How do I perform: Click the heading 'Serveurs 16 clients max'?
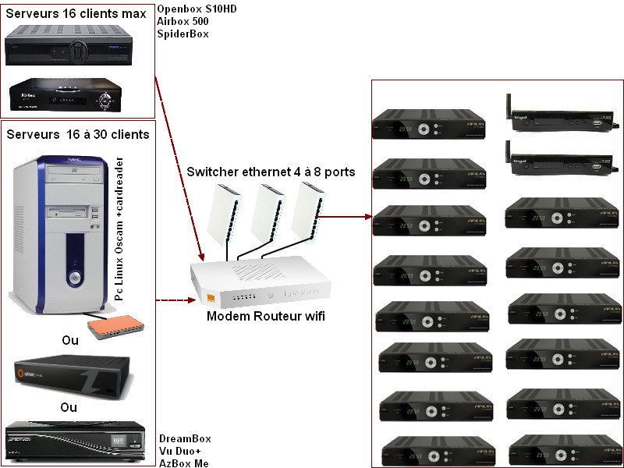pos(76,14)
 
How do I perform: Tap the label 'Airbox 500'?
pos(182,22)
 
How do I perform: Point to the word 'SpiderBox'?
pos(183,34)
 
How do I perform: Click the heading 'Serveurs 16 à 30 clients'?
pos(78,134)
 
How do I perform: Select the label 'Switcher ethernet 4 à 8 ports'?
pos(270,172)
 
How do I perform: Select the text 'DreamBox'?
pos(184,439)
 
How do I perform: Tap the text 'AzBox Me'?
pos(184,463)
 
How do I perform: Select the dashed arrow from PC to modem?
pos(173,299)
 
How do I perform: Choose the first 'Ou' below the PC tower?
pos(69,340)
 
